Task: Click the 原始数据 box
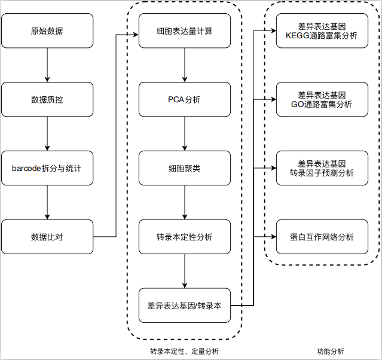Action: coord(47,30)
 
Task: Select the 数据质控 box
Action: coord(47,99)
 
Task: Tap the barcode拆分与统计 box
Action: coord(47,168)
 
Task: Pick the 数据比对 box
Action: coord(47,237)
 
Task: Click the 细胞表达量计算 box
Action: coord(185,30)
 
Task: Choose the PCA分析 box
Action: coord(185,99)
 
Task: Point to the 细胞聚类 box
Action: coord(185,168)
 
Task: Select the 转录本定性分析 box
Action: coord(185,237)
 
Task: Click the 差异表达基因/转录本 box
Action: coord(185,306)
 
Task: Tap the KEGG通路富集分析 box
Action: coord(322,30)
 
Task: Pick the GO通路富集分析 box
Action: coord(322,99)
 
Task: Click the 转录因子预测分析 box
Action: coord(322,168)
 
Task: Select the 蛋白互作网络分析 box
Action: coord(322,237)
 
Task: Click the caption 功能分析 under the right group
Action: coord(330,351)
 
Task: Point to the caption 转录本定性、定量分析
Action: coord(184,351)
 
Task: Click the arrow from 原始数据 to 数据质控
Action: coord(47,65)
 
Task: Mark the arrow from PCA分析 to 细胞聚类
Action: coord(185,134)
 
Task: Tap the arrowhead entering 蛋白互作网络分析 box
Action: coord(274,237)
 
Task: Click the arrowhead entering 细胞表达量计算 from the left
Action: coord(136,35)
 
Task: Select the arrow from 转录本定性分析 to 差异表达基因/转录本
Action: coord(185,271)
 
